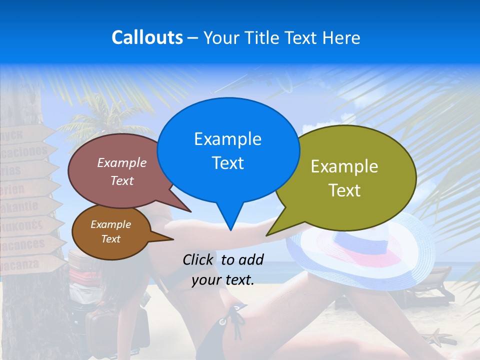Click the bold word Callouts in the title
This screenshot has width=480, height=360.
(147, 37)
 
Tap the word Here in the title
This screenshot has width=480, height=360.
(341, 37)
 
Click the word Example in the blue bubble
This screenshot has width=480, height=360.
(227, 139)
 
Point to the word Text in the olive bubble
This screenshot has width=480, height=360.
(344, 190)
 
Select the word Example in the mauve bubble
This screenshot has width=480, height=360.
(122, 162)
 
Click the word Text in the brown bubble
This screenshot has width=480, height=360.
(110, 239)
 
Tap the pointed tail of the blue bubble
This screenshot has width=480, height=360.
(229, 225)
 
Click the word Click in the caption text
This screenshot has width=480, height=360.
(199, 259)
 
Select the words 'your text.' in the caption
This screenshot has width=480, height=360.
(223, 280)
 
